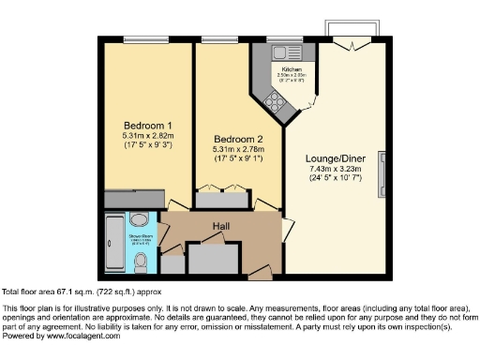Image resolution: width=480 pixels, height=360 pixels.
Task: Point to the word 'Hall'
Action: coord(219,226)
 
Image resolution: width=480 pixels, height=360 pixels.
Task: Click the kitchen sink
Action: coord(280,52)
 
